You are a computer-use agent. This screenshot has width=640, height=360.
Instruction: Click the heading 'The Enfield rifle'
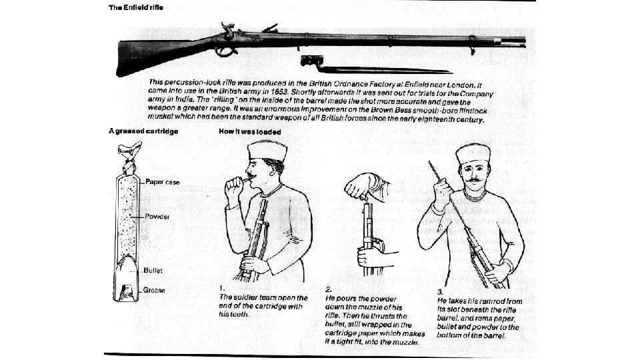136,7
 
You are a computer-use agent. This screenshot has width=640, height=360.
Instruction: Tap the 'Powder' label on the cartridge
158,217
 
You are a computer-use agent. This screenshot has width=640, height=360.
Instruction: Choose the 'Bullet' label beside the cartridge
154,271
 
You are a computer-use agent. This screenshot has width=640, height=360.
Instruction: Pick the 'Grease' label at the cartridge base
155,290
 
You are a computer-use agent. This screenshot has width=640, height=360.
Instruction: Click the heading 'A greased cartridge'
143,131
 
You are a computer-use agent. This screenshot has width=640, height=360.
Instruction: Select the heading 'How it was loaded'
250,131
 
